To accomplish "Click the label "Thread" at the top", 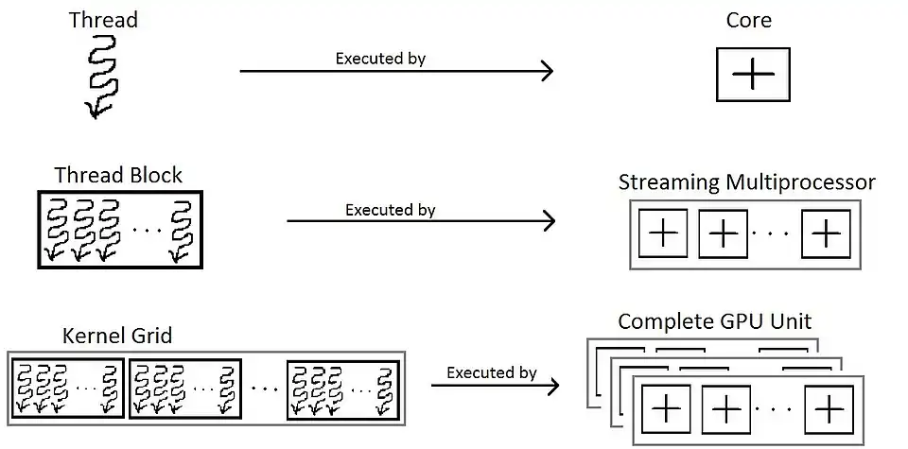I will click(102, 20).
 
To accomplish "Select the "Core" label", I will click(748, 20).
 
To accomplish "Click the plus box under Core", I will click(753, 75).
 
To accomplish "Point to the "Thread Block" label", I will click(118, 175).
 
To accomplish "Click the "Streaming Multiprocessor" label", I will click(746, 181).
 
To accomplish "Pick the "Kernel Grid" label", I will click(117, 336).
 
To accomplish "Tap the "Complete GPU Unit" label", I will click(714, 321).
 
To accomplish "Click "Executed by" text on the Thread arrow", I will click(380, 59).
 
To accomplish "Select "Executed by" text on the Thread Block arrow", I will click(390, 210).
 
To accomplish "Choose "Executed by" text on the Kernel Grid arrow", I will click(492, 372).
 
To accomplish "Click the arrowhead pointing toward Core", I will click(548, 71).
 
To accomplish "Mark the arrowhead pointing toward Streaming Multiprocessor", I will click(548, 221).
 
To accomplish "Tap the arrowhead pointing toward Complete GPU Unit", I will click(551, 385).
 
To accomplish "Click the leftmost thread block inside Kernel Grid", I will click(68, 387).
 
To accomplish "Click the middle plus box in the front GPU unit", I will click(725, 409).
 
